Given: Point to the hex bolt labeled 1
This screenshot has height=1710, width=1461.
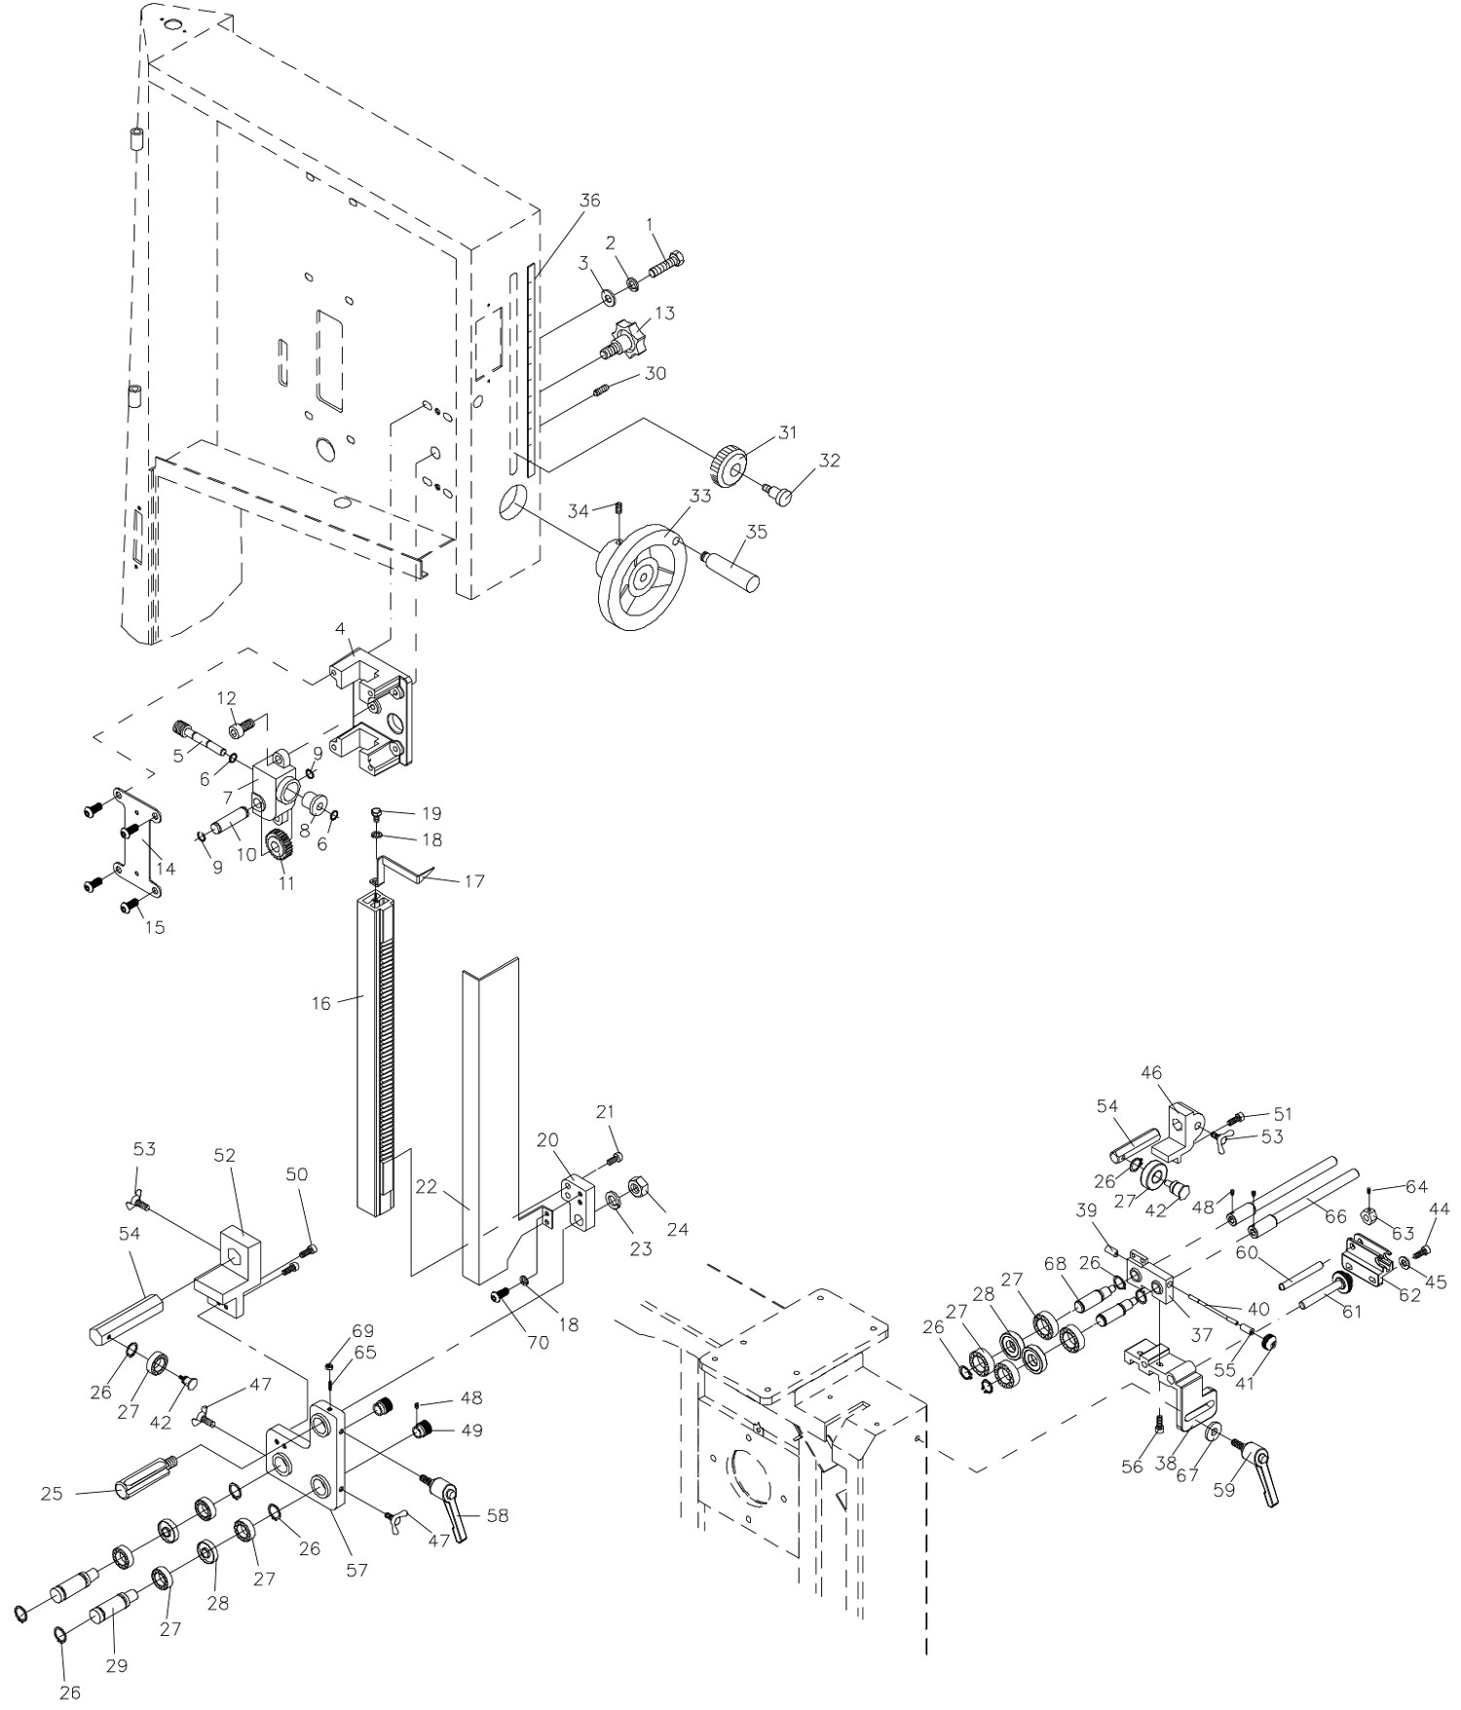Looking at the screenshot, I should (666, 264).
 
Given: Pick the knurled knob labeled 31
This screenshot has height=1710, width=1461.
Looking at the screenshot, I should (727, 466).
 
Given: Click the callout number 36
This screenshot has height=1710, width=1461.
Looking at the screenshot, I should (590, 201).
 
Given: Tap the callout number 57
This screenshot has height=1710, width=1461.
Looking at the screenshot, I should (357, 1570).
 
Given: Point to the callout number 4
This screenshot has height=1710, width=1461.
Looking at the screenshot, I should (340, 629).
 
